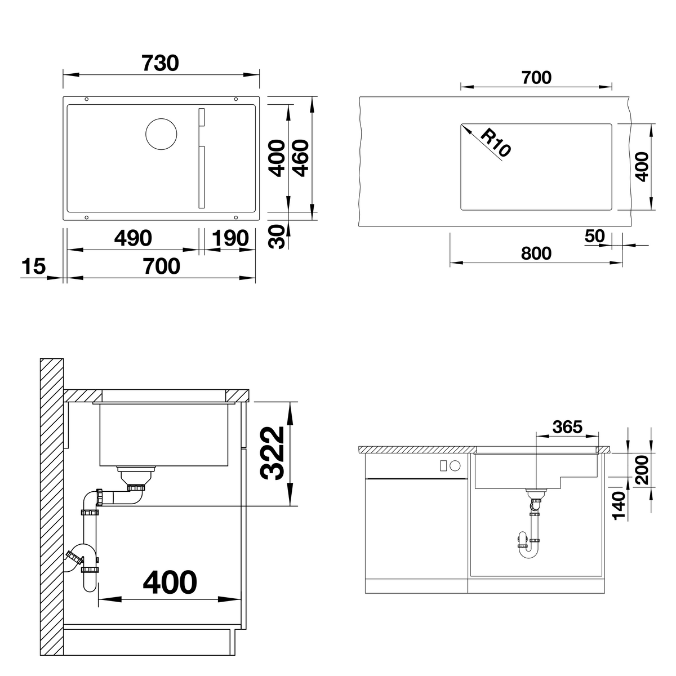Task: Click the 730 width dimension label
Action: point(160,63)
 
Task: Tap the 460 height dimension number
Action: point(301,158)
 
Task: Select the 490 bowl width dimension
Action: point(133,238)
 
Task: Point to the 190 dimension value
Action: point(230,238)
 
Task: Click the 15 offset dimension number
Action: point(34,266)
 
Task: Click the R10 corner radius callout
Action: point(495,143)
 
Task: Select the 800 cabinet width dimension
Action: point(536,253)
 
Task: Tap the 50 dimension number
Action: point(595,236)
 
